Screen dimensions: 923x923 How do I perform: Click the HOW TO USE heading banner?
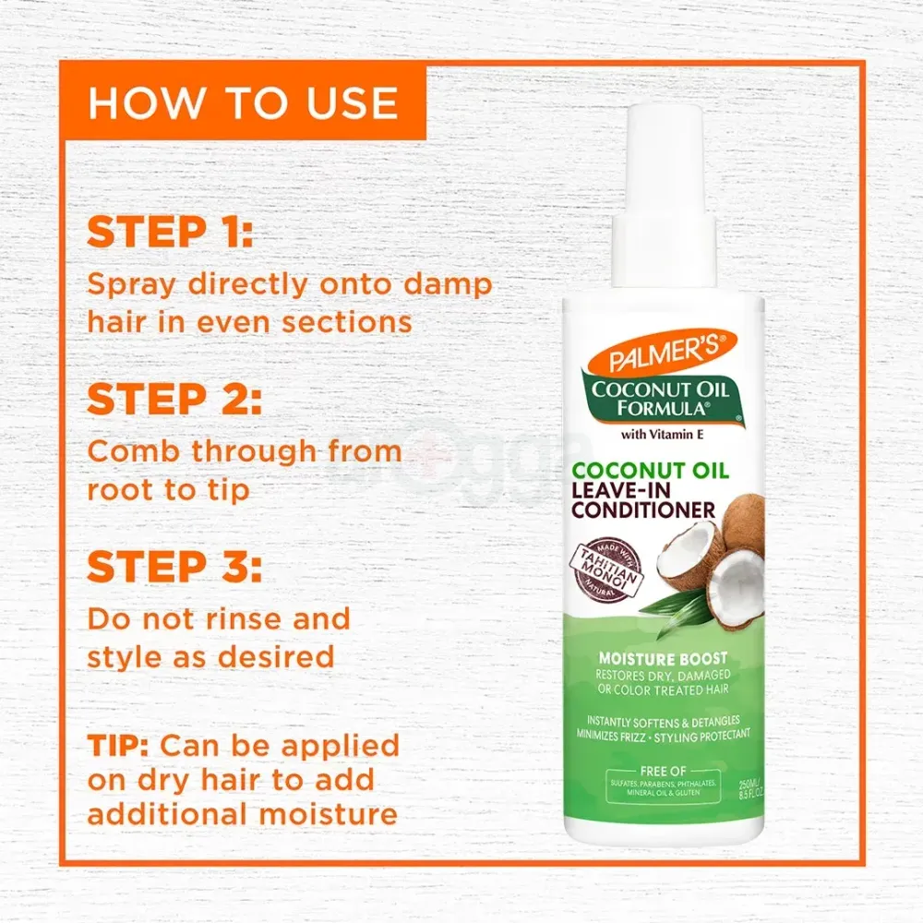point(243,103)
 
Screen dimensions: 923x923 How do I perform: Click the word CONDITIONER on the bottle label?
point(643,509)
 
